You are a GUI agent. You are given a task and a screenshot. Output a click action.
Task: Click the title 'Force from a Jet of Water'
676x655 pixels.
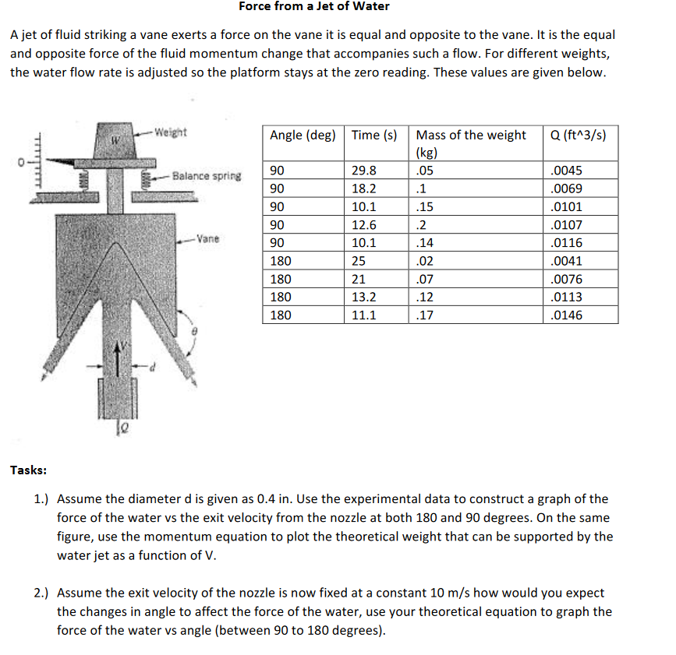tap(313, 7)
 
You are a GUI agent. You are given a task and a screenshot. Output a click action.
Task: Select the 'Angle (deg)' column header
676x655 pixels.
tap(303, 136)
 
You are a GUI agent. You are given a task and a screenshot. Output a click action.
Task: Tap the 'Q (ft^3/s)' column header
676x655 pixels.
tap(578, 136)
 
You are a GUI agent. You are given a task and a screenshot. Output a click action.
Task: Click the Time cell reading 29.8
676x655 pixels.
tap(363, 171)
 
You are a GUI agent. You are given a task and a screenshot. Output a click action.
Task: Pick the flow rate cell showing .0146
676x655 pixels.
tap(566, 315)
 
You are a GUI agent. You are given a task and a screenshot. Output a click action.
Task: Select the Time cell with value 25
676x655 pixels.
tap(359, 262)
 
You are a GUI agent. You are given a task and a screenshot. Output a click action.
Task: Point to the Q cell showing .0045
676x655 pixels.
tap(566, 171)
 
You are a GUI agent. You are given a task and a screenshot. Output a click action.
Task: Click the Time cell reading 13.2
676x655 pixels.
tap(363, 298)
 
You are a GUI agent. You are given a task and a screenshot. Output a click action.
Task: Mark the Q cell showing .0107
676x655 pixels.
tap(566, 226)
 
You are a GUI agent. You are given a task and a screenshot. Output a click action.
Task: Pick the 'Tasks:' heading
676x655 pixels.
tap(28, 470)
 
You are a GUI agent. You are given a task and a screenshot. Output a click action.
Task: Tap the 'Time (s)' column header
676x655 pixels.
tap(374, 136)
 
